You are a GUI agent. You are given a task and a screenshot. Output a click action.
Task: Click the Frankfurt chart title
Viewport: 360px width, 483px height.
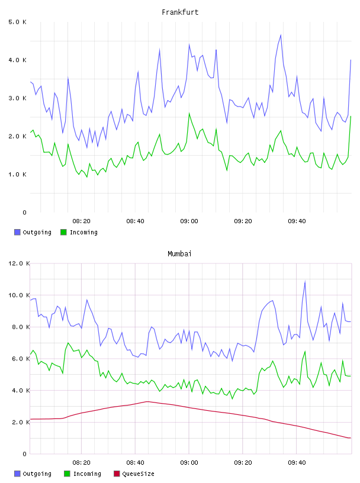tap(180, 12)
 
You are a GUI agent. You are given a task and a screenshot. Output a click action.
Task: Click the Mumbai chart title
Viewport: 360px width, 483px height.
tap(179, 254)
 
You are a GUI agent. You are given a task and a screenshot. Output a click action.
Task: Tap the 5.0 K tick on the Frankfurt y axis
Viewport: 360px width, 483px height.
tap(17, 22)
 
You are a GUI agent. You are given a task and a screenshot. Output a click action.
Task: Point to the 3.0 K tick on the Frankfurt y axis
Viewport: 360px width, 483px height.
tap(17, 98)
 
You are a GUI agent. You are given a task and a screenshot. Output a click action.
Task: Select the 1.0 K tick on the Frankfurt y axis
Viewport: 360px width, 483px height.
tap(17, 175)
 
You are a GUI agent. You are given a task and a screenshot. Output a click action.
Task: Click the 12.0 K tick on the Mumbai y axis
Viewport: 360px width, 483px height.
tap(19, 263)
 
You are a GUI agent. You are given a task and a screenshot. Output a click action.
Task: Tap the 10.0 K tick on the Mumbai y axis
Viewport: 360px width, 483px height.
tap(19, 295)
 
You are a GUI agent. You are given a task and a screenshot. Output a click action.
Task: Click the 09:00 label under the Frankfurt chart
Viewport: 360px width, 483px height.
tap(189, 221)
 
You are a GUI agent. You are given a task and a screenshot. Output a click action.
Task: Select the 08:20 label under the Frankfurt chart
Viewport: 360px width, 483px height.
tap(81, 221)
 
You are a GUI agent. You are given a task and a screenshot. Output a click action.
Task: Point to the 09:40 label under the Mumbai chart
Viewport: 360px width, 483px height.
tap(297, 463)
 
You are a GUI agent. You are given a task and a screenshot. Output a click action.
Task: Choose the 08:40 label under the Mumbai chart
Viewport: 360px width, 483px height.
tap(135, 463)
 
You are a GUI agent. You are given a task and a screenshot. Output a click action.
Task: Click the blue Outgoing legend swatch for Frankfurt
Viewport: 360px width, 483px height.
tap(17, 232)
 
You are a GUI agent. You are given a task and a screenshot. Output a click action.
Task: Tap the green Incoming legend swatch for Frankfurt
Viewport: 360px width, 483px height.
tap(63, 232)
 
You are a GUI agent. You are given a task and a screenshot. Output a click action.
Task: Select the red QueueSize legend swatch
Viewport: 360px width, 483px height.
tap(117, 474)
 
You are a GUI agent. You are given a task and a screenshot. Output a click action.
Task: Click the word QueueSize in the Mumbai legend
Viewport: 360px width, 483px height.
tap(138, 474)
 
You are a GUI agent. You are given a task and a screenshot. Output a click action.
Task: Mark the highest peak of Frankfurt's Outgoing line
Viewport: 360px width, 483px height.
tap(281, 35)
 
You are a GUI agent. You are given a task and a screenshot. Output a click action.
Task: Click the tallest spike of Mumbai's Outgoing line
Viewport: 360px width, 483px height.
tap(305, 281)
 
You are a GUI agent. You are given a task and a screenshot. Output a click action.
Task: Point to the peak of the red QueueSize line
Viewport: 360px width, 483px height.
tap(147, 401)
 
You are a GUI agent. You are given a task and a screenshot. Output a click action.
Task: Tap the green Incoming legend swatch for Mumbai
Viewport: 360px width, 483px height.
tap(67, 474)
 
